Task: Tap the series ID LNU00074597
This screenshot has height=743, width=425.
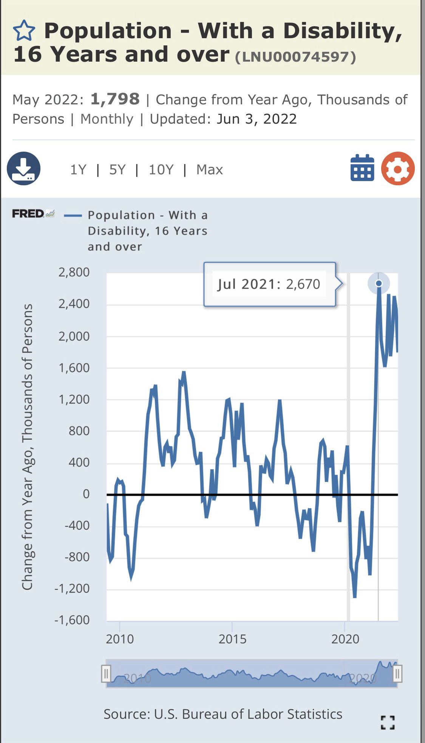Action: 295,57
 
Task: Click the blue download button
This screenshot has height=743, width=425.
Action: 23,169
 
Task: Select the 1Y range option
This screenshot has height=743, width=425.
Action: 78,170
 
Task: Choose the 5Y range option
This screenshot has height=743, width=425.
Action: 117,170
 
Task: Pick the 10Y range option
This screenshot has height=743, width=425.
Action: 161,170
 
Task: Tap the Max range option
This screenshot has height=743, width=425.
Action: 210,170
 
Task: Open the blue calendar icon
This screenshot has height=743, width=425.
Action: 362,168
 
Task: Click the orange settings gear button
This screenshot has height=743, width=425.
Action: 398,169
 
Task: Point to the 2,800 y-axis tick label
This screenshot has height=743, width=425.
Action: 74,272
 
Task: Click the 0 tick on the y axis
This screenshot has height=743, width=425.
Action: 86,494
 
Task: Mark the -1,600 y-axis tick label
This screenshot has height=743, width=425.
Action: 72,620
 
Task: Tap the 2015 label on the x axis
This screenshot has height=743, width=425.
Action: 232,639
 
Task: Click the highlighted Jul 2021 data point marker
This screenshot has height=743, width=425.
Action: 379,283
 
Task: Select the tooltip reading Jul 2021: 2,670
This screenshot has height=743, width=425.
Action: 269,284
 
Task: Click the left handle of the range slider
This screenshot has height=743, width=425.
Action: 106,673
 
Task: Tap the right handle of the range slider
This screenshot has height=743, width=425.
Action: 397,673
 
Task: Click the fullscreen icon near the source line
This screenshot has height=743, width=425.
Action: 388,723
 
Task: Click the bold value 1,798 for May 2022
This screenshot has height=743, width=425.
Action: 115,99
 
